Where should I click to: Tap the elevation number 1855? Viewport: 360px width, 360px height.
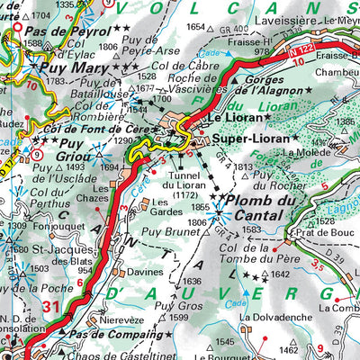[200, 207]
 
